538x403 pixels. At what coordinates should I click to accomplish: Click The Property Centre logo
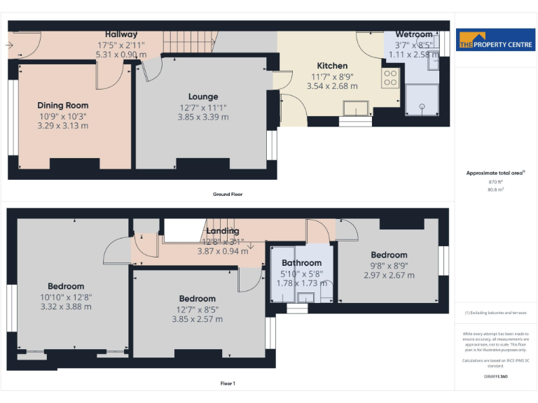click(x=496, y=41)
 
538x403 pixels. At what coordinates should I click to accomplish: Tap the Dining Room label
click(x=63, y=106)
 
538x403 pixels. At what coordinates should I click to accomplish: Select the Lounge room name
click(x=202, y=97)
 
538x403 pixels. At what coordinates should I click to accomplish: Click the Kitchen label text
click(x=332, y=66)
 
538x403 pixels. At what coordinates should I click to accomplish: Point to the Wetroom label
click(x=413, y=34)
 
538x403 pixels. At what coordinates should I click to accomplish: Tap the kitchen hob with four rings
click(x=390, y=78)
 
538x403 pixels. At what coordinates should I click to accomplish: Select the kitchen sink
click(x=357, y=108)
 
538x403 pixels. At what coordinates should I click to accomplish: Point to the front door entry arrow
click(x=8, y=45)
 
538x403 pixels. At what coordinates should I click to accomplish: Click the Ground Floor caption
click(x=228, y=194)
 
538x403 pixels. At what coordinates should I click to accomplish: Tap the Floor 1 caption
click(x=228, y=383)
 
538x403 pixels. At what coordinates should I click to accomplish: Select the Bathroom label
click(x=302, y=263)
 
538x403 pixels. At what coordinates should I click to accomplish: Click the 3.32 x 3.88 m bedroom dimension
click(x=66, y=306)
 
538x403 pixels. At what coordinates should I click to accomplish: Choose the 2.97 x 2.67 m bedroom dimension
click(x=389, y=275)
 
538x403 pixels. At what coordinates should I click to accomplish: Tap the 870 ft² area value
click(x=495, y=182)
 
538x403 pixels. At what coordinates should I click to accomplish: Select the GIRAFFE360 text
click(x=495, y=376)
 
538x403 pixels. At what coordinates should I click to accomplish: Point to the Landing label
click(x=223, y=231)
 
